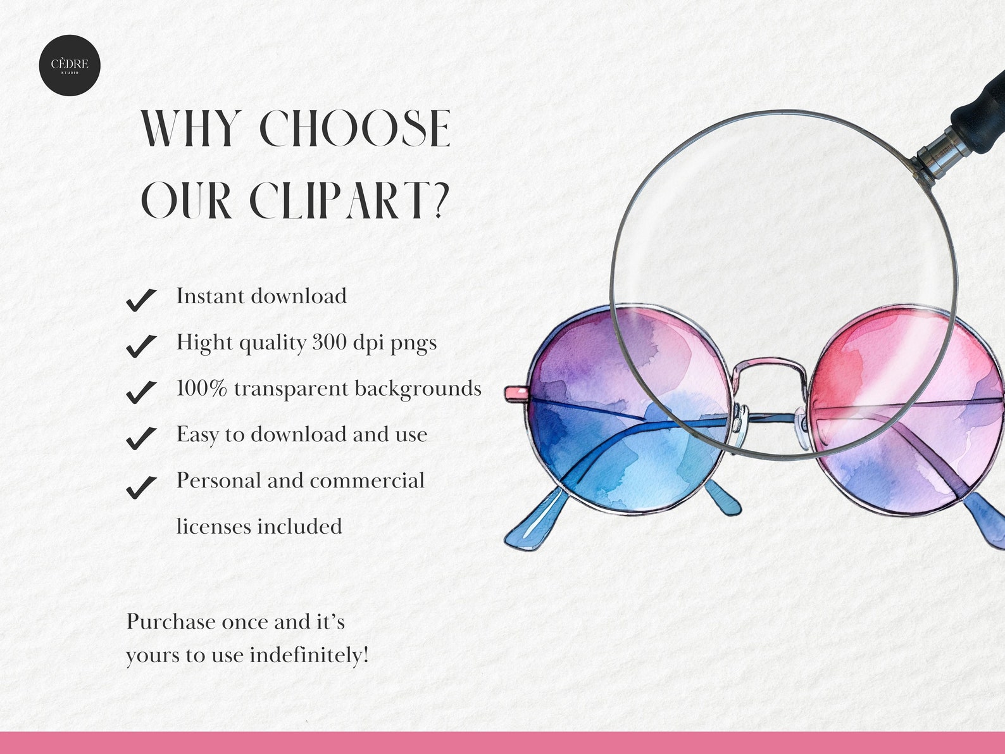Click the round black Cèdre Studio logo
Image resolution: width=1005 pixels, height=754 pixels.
(70, 65)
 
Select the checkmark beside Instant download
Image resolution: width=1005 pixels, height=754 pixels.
(141, 299)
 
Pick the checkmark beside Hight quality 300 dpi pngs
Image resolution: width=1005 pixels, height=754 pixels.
(141, 346)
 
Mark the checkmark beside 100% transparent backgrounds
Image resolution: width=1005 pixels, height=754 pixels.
(141, 392)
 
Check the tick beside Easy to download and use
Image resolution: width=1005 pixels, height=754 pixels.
(141, 438)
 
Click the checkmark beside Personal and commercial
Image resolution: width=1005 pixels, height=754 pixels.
(141, 487)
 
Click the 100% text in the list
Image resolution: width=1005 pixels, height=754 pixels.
(201, 388)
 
